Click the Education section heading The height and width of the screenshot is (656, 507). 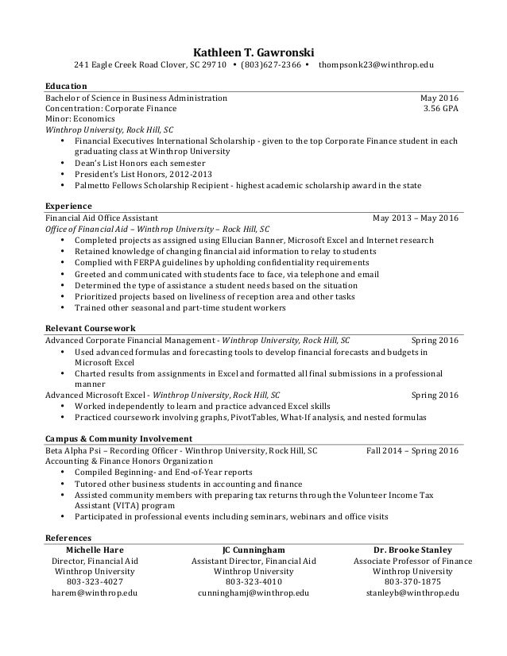pos(66,85)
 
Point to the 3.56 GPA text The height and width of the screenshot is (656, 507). pos(441,108)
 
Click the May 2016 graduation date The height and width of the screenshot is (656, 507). pos(439,98)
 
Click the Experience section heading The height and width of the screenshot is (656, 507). pos(68,205)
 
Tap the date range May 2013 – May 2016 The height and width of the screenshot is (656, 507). pos(416,217)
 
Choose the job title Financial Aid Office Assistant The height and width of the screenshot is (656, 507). pos(101,217)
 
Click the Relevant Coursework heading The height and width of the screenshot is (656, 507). pos(90,327)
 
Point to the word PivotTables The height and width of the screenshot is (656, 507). pos(255,416)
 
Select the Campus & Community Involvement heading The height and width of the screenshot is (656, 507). pos(118,438)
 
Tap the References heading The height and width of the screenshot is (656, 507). pos(68,537)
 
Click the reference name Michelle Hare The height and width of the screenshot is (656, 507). pos(95,550)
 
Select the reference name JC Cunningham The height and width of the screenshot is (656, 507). pos(253,550)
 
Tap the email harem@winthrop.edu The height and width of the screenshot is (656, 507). pos(95,593)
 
